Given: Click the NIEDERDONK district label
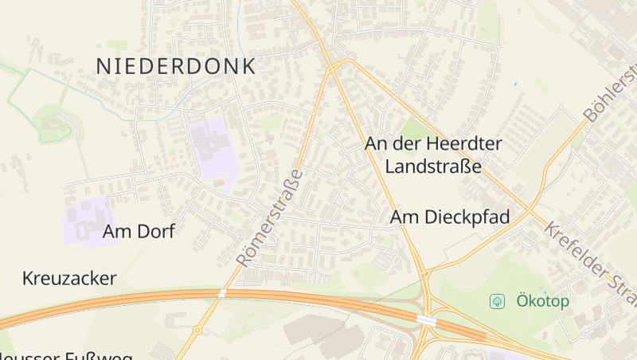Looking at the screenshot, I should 176,66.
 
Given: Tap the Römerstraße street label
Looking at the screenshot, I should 270,217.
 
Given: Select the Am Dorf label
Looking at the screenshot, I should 139,232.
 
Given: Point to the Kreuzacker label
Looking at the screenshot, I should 70,279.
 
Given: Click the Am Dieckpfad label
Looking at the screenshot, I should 450,217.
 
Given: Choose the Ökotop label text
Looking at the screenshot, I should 542,301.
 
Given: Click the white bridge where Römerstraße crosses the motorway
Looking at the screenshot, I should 221,294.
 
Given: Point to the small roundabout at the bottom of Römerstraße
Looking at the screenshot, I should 197,329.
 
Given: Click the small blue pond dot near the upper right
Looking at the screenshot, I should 516,84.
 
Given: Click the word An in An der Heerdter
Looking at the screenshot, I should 376,144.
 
